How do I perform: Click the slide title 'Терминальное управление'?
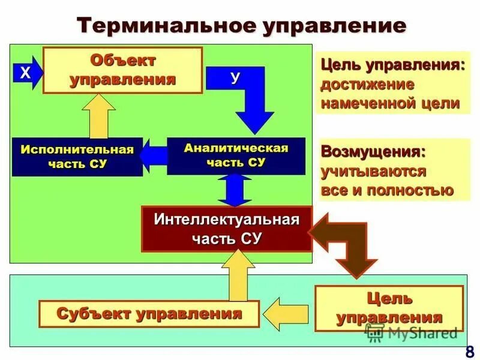[x=242, y=26]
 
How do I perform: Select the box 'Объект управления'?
[x=122, y=70]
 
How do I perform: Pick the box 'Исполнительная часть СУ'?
[x=77, y=157]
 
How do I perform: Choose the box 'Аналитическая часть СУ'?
[x=236, y=155]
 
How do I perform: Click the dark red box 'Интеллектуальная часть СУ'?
[x=226, y=228]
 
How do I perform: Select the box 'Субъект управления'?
[x=149, y=313]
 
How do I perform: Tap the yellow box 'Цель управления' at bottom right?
[x=389, y=308]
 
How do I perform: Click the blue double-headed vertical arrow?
[x=235, y=190]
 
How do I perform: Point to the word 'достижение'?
[x=368, y=83]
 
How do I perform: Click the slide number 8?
[x=468, y=350]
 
